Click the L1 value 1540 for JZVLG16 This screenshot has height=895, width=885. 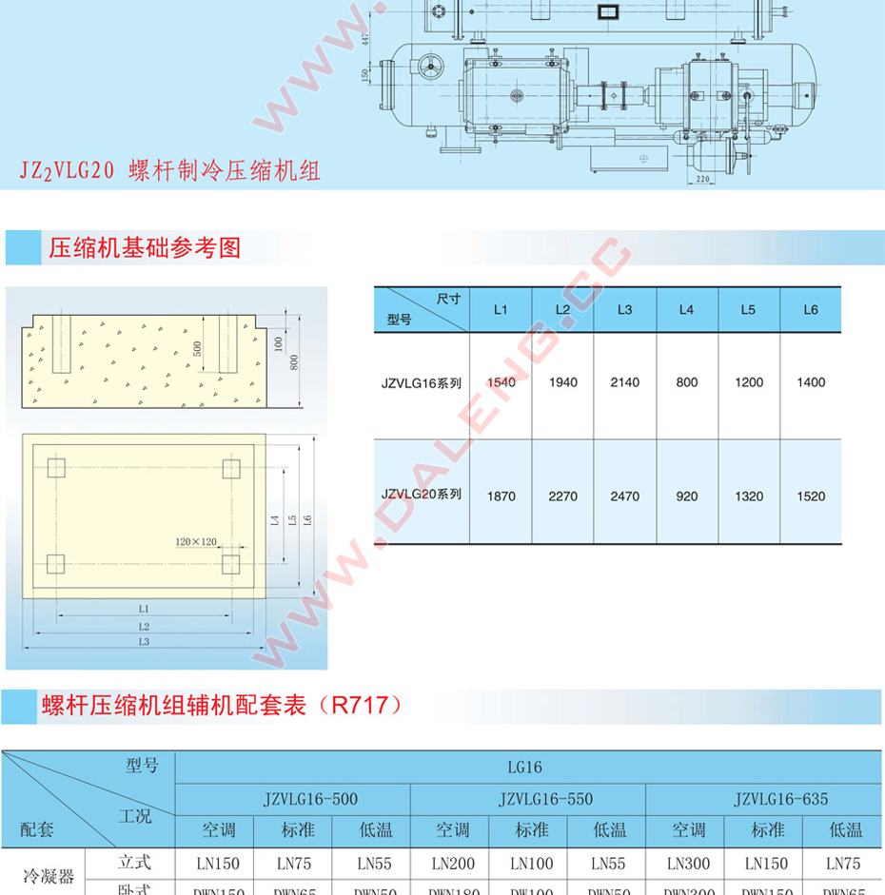[501, 382]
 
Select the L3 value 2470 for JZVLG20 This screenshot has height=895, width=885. [624, 496]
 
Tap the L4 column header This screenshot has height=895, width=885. [686, 310]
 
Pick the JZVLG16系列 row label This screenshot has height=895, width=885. [422, 383]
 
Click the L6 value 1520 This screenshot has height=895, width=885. [811, 496]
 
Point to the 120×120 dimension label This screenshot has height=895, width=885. [196, 541]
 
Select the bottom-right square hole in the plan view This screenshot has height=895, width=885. [230, 564]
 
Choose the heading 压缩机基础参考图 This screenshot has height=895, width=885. [145, 248]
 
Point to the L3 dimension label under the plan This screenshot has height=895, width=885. [143, 643]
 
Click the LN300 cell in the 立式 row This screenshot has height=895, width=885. [688, 864]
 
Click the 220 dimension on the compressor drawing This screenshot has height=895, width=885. [702, 178]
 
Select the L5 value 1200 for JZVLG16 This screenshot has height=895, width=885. [749, 382]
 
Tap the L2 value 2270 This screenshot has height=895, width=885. [562, 496]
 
